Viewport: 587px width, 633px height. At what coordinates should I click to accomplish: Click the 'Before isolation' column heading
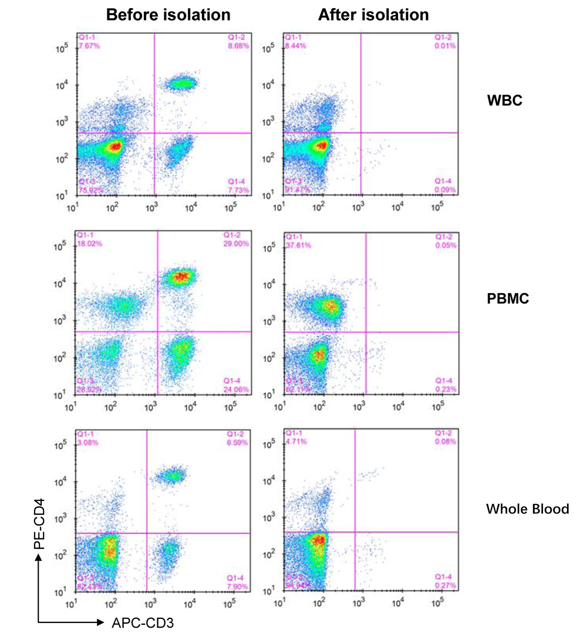(168, 15)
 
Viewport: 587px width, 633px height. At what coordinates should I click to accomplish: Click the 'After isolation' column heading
(373, 15)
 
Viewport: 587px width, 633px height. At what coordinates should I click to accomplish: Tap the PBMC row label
(508, 299)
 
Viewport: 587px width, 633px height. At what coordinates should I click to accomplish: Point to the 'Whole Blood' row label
(527, 509)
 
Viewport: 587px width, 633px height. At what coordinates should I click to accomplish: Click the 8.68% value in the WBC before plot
(238, 46)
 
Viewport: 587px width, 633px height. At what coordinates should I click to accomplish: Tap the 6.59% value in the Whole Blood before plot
(238, 442)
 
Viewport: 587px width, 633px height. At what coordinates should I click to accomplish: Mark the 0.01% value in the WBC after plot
(446, 46)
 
